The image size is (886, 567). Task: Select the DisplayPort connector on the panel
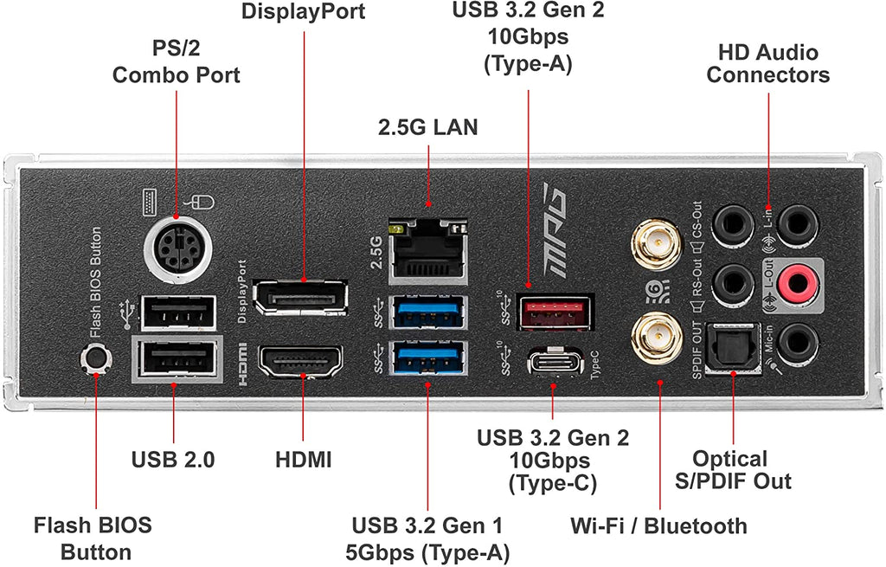[x=300, y=297]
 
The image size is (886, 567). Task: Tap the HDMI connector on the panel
[x=300, y=363]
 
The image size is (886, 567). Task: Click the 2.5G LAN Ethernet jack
[x=428, y=251]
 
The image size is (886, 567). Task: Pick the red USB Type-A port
[x=555, y=312]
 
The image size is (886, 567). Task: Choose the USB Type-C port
[x=555, y=363]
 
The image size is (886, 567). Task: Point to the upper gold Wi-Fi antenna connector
[x=657, y=245]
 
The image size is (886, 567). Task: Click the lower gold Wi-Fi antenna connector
[x=657, y=338]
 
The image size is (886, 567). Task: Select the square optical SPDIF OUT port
[x=732, y=348]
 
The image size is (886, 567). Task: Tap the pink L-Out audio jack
[x=798, y=283]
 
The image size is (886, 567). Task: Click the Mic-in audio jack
[x=797, y=343]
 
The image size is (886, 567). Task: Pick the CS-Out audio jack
[x=733, y=225]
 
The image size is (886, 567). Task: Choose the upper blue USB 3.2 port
[x=428, y=312]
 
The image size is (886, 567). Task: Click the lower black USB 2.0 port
[x=177, y=359]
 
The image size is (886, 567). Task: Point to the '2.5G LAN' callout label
[x=427, y=127]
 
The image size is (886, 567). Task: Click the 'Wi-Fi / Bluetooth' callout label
[x=658, y=525]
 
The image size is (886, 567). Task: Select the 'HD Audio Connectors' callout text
[x=768, y=63]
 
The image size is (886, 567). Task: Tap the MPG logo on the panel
[x=555, y=229]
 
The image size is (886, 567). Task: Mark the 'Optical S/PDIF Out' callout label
[x=733, y=470]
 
